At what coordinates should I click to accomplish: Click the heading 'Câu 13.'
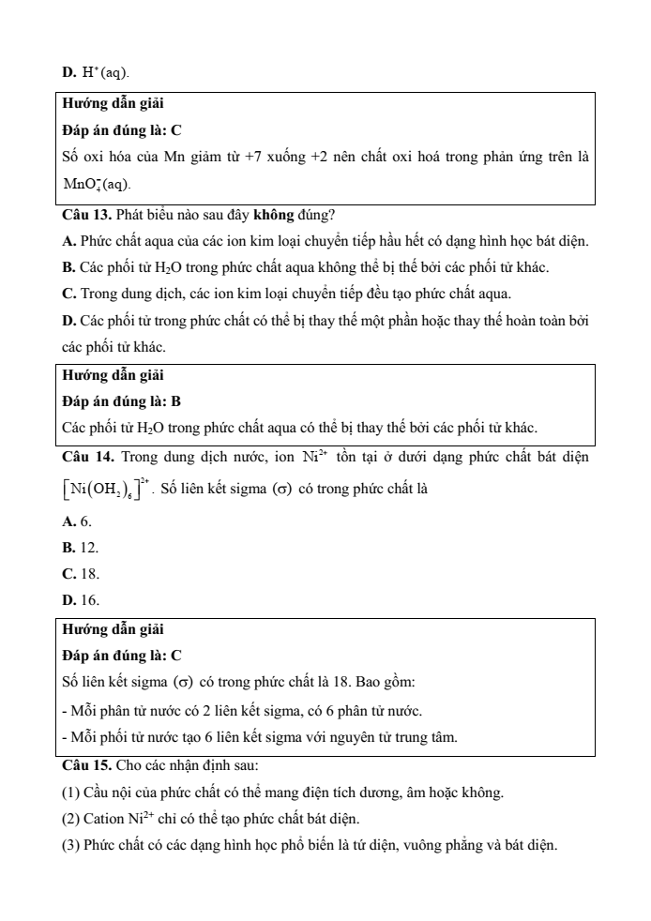tap(85, 217)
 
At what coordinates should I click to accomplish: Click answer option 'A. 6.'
tap(76, 521)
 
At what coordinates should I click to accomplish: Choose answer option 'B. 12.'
tap(80, 547)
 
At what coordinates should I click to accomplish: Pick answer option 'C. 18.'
tap(80, 572)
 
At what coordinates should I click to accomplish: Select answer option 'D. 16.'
tap(80, 598)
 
